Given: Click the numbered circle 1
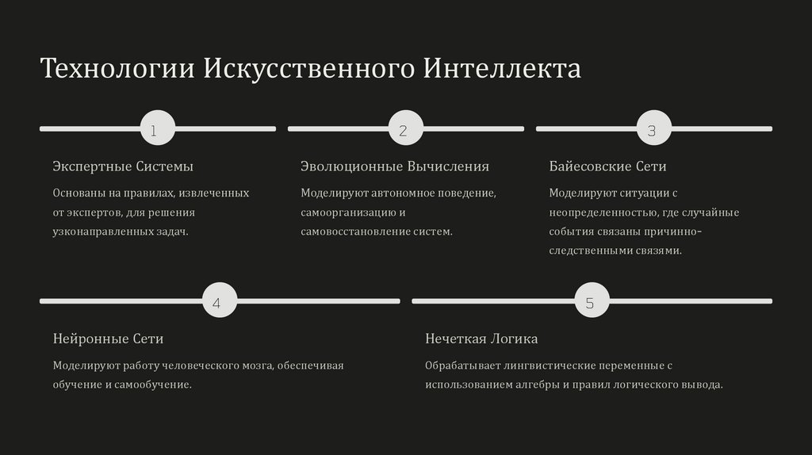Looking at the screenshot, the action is [157, 128].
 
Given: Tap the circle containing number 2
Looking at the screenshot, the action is [405, 128].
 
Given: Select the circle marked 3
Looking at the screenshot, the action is [653, 128].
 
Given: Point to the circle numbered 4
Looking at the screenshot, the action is [220, 301].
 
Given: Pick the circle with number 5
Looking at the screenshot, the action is [592, 301].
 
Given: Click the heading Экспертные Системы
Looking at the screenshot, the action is [123, 166].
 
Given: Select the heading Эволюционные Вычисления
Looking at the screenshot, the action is [394, 166].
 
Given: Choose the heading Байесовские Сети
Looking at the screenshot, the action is [607, 166].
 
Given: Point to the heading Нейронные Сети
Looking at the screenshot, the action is [108, 338].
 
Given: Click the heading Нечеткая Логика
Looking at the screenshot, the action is [481, 338].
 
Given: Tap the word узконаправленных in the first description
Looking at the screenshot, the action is [99, 231].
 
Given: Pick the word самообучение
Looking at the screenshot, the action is [158, 384].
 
